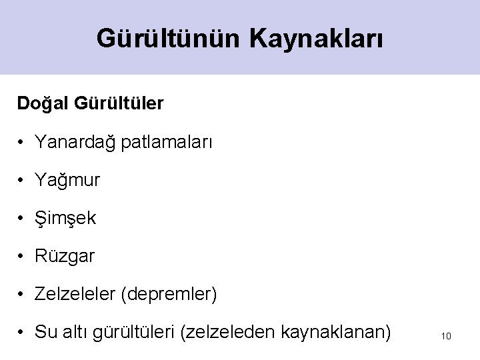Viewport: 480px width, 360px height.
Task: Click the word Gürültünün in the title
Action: (x=169, y=38)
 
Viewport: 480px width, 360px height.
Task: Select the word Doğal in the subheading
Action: (x=43, y=104)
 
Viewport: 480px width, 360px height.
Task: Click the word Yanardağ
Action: (x=76, y=142)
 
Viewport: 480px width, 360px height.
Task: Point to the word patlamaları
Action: (x=167, y=142)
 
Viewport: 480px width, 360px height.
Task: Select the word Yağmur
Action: (x=68, y=180)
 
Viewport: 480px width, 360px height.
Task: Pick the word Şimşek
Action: (x=67, y=218)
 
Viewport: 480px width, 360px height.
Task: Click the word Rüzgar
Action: (x=66, y=255)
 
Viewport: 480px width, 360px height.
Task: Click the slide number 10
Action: (x=446, y=336)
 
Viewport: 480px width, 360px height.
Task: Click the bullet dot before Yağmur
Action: (x=22, y=180)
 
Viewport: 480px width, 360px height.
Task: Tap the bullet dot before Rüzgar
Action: (x=22, y=255)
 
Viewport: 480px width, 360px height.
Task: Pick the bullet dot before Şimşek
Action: (x=22, y=218)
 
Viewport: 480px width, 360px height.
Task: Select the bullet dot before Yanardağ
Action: (x=22, y=142)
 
